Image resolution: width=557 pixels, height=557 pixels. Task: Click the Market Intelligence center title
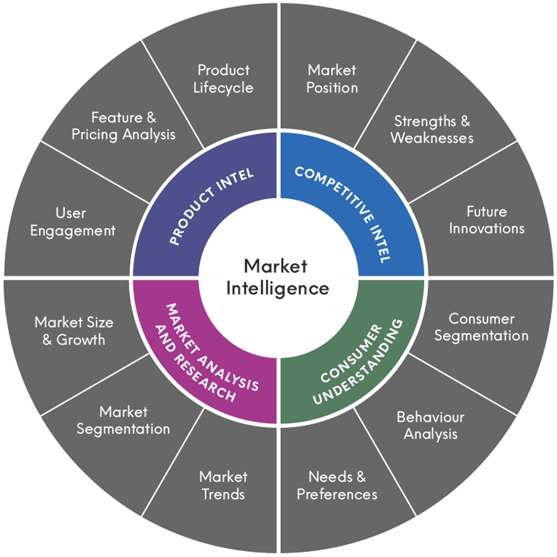click(x=278, y=277)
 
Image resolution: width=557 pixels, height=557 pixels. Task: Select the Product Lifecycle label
click(x=223, y=79)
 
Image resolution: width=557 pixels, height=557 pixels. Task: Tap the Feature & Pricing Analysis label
click(x=124, y=126)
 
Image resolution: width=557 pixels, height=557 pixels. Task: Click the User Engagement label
click(x=72, y=221)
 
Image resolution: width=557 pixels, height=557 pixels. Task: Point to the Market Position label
click(x=332, y=79)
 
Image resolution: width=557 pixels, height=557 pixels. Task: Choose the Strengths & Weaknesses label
click(x=432, y=129)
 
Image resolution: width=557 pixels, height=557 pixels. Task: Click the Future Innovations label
click(x=486, y=220)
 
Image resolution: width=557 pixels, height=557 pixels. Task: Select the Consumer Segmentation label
click(x=481, y=327)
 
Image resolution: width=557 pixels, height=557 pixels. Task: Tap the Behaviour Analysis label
click(x=431, y=425)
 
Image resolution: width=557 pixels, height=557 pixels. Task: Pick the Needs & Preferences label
click(x=337, y=485)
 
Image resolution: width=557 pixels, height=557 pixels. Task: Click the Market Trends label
click(x=223, y=485)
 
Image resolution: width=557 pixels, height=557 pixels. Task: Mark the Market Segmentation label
click(x=123, y=420)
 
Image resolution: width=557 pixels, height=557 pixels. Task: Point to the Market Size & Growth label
click(x=74, y=331)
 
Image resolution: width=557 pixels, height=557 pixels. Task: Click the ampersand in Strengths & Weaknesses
click(x=464, y=121)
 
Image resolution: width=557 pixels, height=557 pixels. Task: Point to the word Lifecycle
click(x=223, y=88)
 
